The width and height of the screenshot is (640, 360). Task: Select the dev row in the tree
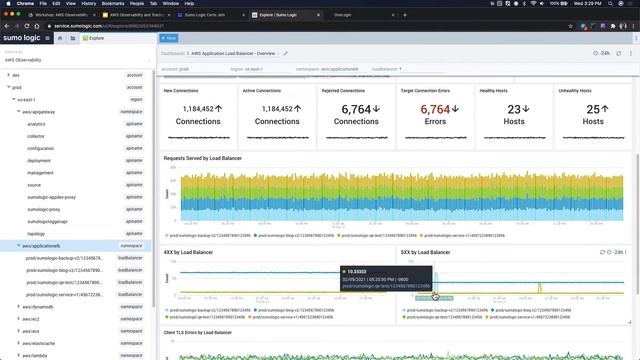point(17,75)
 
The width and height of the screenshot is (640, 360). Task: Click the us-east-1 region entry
point(27,99)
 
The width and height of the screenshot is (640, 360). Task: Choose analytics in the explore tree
point(36,124)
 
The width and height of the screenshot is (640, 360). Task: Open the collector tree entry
point(36,136)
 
